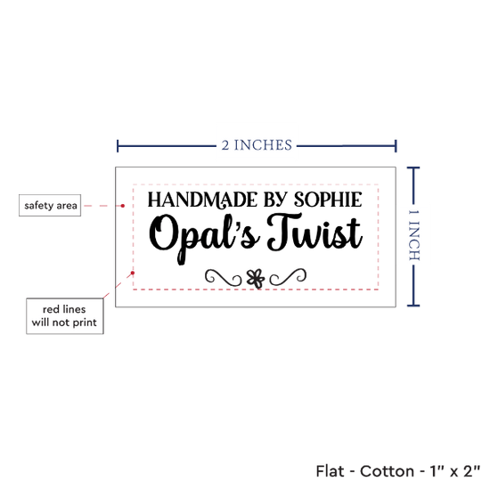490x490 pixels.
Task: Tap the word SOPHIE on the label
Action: click(x=328, y=200)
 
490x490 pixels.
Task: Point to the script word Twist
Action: click(x=314, y=232)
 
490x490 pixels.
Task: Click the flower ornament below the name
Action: click(x=256, y=279)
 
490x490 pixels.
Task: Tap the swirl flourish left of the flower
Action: click(x=223, y=277)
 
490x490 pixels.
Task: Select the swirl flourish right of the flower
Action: click(x=288, y=277)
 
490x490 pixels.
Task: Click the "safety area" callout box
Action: click(x=50, y=205)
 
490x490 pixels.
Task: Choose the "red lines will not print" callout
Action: click(x=65, y=316)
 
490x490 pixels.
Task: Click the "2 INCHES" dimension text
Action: click(x=257, y=145)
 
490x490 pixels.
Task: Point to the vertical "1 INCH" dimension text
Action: click(x=413, y=235)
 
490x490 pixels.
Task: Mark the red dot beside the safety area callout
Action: click(x=123, y=206)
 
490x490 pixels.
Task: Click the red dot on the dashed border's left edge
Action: click(x=133, y=274)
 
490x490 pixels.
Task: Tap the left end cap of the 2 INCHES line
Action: click(x=118, y=146)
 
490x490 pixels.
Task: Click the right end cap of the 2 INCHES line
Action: click(x=396, y=146)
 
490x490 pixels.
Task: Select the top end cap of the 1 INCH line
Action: click(x=413, y=167)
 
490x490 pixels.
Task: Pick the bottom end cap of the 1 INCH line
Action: click(x=413, y=306)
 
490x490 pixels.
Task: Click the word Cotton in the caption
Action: click(x=387, y=471)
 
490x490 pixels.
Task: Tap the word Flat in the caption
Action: click(x=330, y=471)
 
